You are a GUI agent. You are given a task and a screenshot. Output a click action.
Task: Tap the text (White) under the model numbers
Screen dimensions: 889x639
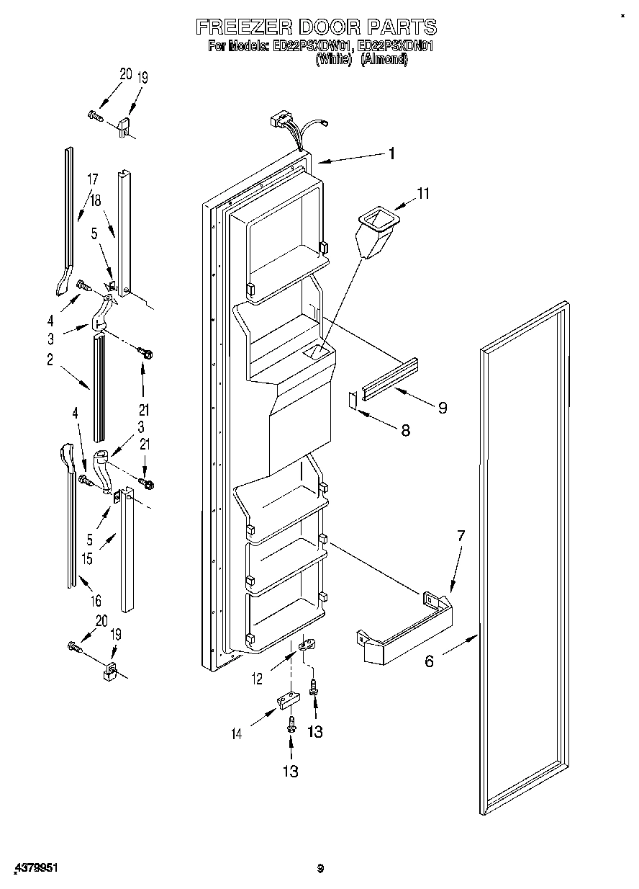pos(333,61)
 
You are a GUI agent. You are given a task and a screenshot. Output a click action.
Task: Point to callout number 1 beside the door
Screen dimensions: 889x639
pos(391,153)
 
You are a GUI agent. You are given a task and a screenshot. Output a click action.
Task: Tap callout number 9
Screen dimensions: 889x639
pos(442,408)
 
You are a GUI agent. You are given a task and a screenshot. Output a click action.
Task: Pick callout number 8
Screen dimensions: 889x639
pos(405,430)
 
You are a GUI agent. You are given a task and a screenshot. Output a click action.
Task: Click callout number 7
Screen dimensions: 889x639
pos(461,535)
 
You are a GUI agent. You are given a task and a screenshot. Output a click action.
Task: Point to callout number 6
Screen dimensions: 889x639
pos(429,661)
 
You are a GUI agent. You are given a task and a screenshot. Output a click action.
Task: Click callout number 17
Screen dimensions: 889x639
pos(92,179)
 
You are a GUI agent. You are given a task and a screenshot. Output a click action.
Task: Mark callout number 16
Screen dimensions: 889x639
pos(96,600)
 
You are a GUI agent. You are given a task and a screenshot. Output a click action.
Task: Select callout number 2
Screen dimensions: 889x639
pos(50,361)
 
